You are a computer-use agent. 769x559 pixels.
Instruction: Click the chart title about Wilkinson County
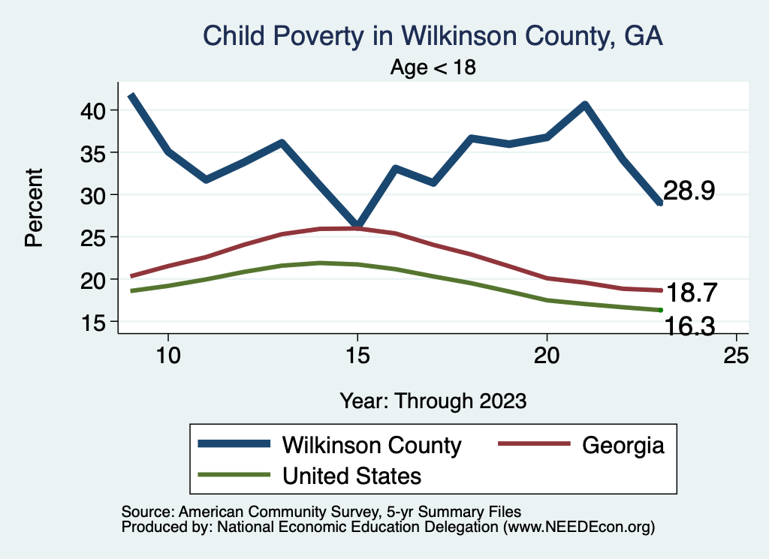[433, 36]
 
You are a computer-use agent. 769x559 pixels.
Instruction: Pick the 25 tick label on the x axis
[737, 355]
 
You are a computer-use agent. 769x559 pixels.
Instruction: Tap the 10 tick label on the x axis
[168, 355]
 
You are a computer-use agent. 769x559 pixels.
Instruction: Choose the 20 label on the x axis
[547, 355]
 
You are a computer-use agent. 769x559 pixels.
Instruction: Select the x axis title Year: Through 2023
[433, 400]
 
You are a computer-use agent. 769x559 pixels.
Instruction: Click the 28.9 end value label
[689, 191]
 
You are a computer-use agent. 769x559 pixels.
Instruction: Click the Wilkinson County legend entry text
[371, 445]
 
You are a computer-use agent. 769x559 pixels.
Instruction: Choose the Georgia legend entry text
[623, 445]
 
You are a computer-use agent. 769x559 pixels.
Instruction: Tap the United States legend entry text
[351, 476]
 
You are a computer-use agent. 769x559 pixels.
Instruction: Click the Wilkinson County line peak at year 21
[584, 104]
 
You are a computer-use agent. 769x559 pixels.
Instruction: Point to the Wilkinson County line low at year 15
[357, 226]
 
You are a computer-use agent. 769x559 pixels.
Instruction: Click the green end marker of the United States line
[660, 310]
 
